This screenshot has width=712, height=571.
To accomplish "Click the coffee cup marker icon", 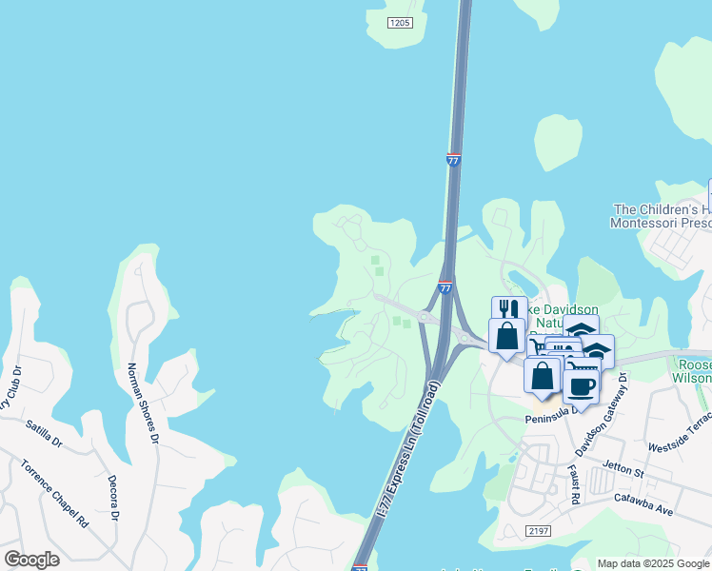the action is [x=581, y=385].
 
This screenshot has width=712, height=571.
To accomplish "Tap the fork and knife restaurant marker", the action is [x=508, y=310].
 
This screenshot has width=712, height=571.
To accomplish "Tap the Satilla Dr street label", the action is [x=44, y=434].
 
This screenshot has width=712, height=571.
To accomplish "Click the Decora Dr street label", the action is [x=112, y=498].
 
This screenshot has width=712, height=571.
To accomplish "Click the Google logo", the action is [x=31, y=560].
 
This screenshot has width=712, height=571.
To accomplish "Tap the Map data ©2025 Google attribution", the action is [x=653, y=563].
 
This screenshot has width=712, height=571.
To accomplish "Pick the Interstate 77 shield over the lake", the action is [x=453, y=161].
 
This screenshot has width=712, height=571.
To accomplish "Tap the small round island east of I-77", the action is [x=559, y=143].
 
